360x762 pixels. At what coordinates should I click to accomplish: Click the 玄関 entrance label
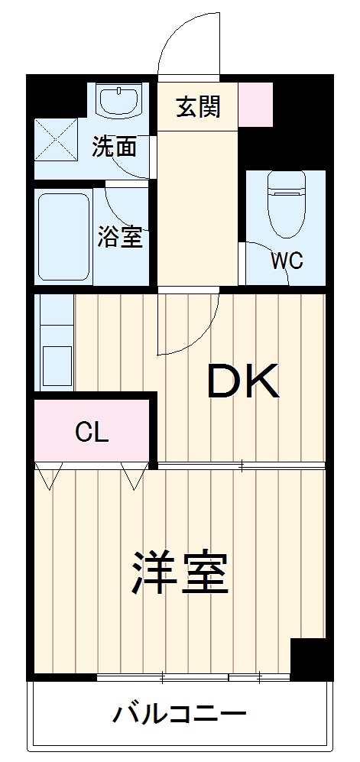tap(198, 108)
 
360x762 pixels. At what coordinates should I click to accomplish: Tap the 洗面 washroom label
tap(115, 146)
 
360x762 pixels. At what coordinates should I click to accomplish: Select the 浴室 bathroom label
tap(120, 238)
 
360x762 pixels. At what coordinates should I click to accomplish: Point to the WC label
tap(287, 261)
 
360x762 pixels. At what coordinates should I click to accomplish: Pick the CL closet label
tap(92, 433)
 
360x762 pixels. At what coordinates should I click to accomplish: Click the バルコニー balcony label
tap(180, 715)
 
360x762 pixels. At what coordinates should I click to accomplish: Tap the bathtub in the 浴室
tap(65, 236)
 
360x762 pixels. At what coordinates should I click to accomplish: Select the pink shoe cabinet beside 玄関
tap(255, 104)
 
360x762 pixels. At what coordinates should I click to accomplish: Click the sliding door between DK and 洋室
tap(241, 465)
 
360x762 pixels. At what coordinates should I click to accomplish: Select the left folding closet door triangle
tap(47, 476)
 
